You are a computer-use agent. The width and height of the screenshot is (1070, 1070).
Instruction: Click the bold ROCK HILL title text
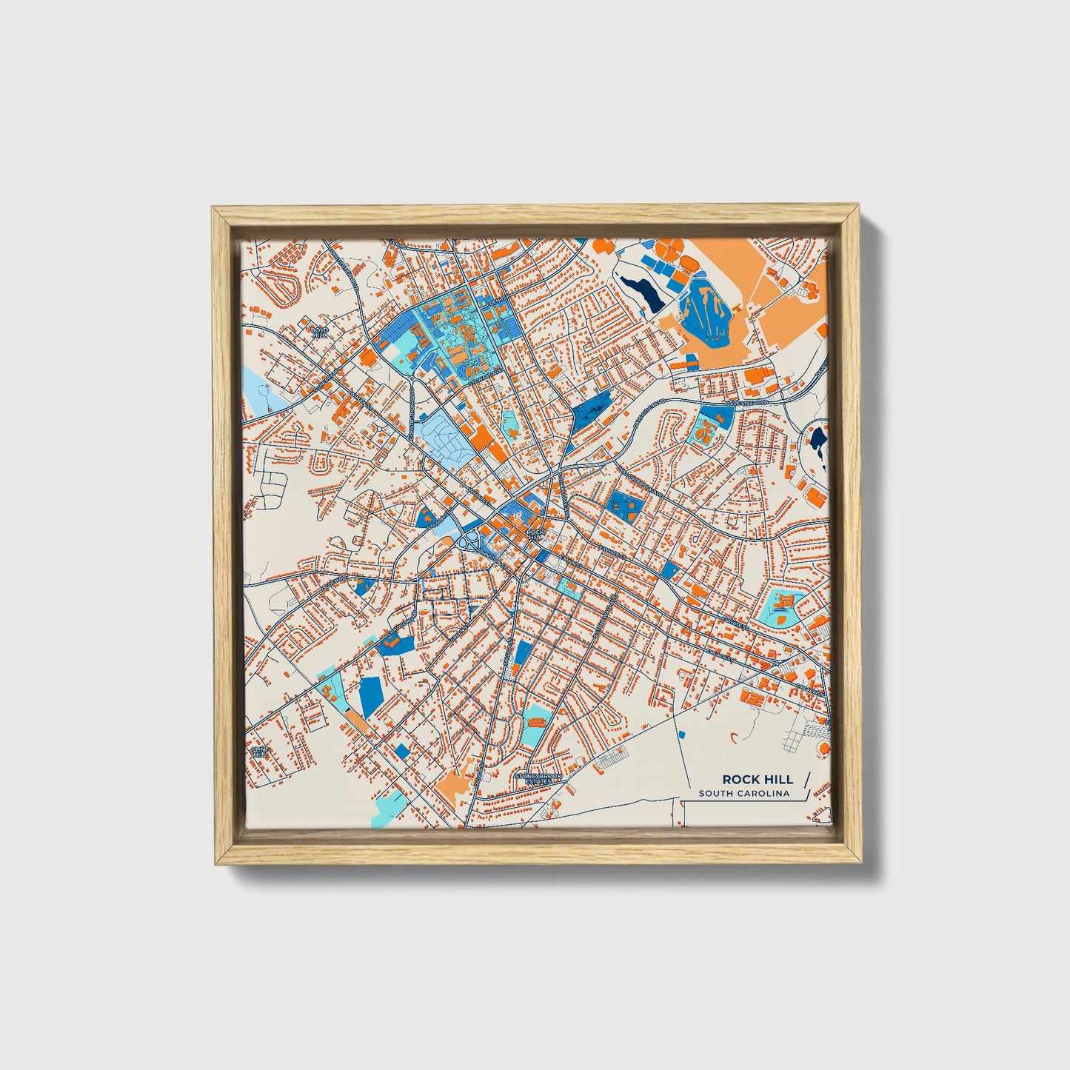point(757,779)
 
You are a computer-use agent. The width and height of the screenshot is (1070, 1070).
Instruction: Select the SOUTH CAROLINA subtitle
point(744,794)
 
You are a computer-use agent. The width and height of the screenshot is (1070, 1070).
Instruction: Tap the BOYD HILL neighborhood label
point(319,332)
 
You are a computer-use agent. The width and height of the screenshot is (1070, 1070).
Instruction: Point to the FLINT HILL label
point(258,752)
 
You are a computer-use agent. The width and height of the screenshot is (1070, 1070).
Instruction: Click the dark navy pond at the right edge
point(818,442)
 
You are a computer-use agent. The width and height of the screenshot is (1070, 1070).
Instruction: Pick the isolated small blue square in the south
point(682,733)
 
